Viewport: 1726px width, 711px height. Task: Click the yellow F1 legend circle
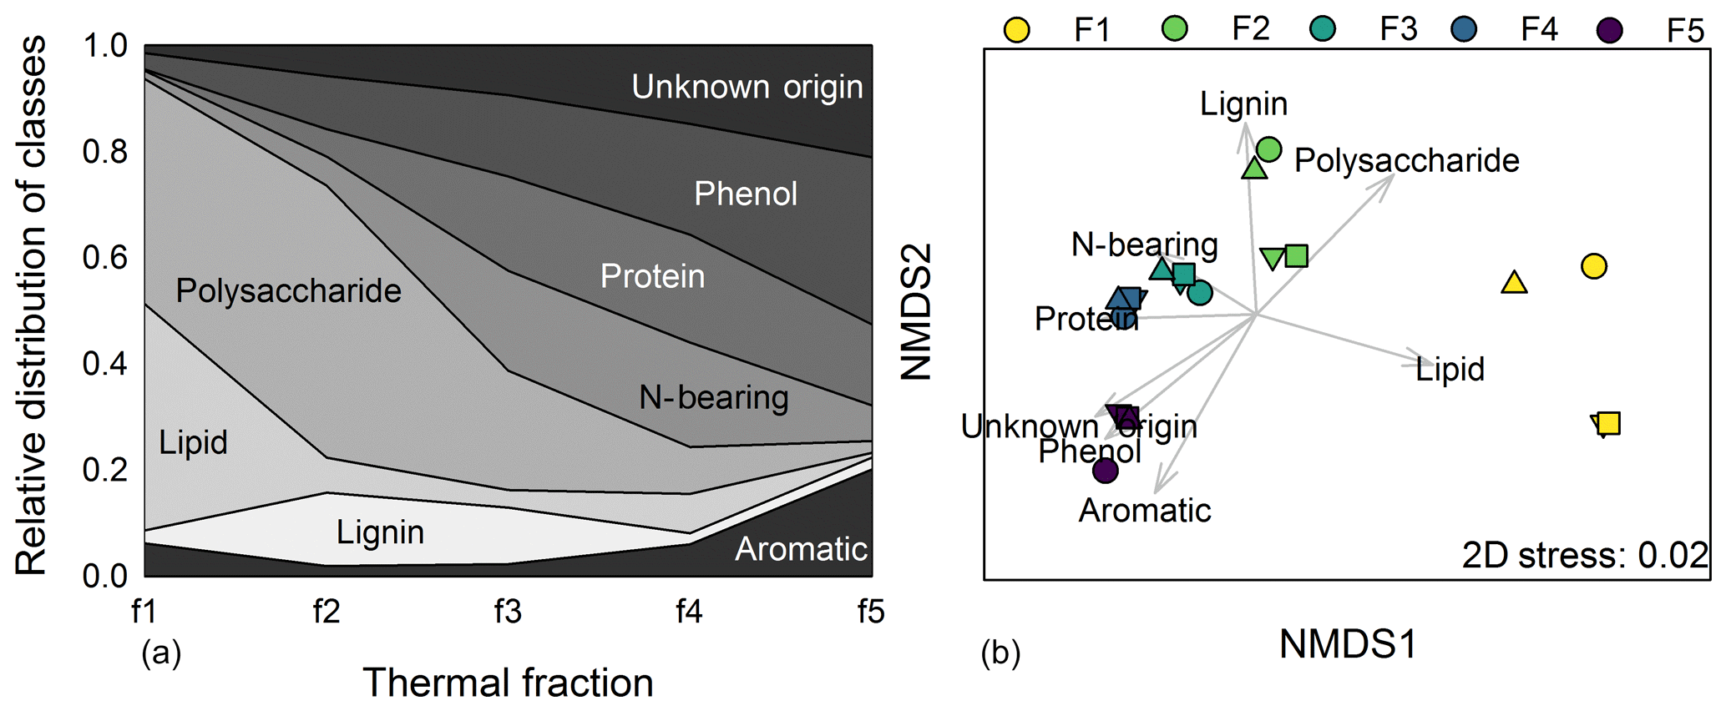1016,30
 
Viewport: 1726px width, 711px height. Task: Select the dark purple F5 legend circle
1609,30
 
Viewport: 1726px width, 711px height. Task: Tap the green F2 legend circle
1175,28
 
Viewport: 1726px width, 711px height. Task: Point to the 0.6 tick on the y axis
105,257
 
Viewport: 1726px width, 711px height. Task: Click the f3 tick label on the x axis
508,612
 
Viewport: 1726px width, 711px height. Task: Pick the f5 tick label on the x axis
871,612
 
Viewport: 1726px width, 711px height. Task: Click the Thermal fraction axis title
508,683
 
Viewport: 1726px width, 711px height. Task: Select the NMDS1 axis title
1348,644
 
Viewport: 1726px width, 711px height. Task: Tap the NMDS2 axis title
916,312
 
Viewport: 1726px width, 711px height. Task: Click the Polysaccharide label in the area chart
288,291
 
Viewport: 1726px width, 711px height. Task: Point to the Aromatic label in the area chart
801,549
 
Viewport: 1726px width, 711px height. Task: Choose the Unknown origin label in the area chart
747,88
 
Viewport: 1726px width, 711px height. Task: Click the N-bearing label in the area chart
714,398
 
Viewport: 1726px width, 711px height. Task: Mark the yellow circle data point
1594,266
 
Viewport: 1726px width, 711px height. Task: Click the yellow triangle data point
1514,283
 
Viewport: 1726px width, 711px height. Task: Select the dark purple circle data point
1106,471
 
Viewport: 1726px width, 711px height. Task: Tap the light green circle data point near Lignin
1268,149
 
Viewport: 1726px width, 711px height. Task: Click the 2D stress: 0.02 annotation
1585,556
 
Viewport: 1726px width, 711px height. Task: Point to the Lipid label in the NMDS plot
1450,369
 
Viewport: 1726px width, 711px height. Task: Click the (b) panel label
1000,653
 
